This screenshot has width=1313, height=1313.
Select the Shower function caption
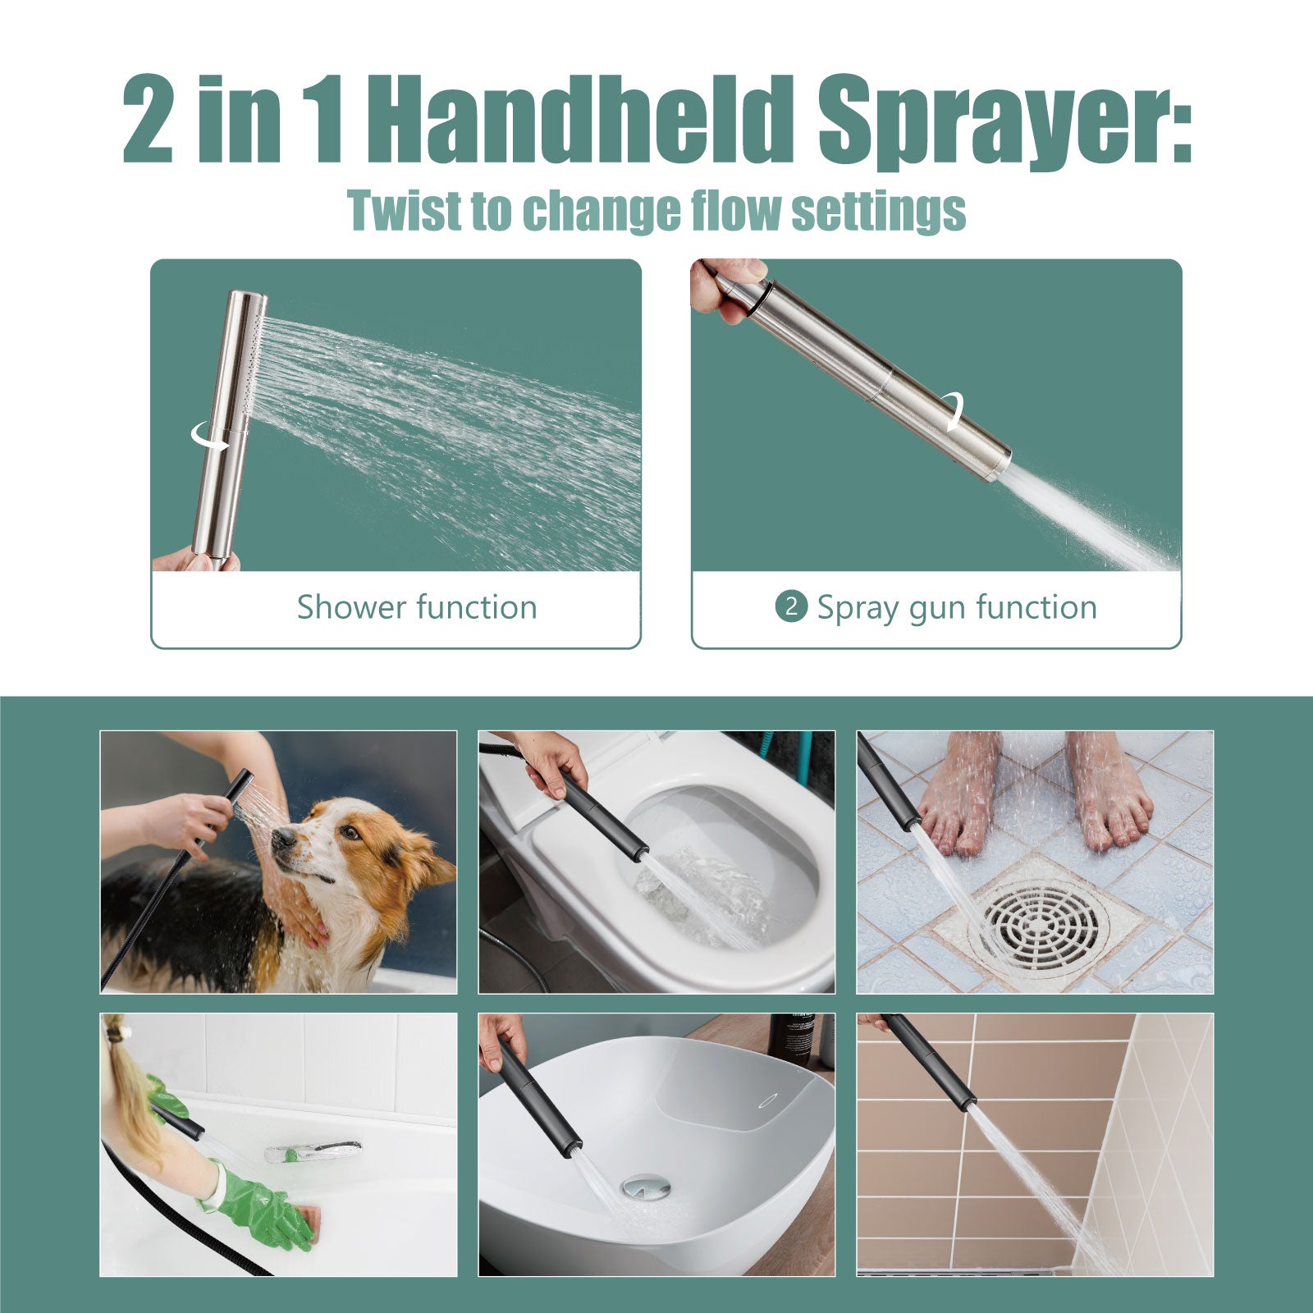(417, 608)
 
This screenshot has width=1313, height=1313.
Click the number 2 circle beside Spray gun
(791, 607)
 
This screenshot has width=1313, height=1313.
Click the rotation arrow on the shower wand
(210, 435)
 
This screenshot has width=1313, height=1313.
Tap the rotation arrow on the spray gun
(953, 410)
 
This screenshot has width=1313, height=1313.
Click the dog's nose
(279, 836)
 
